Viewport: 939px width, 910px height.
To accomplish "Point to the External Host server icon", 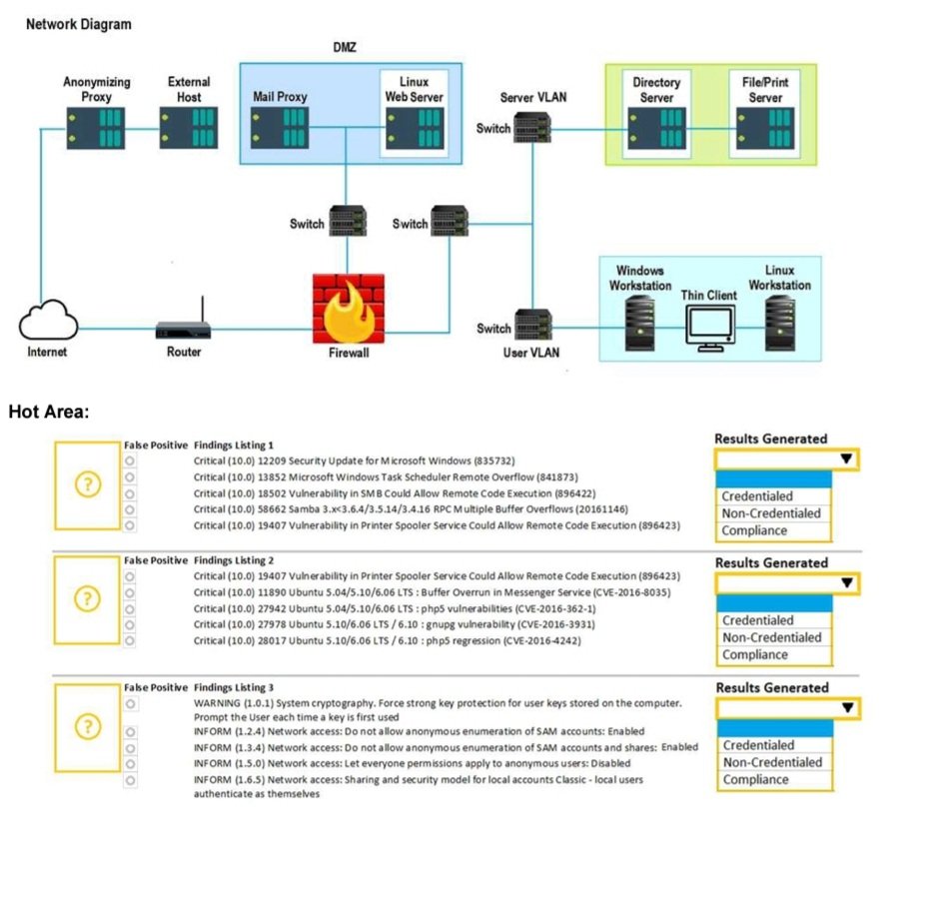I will click(188, 128).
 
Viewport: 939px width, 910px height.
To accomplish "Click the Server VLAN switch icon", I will click(531, 129).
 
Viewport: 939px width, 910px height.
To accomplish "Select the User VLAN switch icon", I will click(531, 324).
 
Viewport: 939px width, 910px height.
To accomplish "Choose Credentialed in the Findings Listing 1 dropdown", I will click(757, 496).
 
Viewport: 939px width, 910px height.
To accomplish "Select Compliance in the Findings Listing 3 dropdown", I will click(755, 779).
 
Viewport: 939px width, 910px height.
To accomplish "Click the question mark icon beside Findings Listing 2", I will click(88, 599).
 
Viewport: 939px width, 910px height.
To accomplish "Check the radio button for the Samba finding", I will click(131, 509).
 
